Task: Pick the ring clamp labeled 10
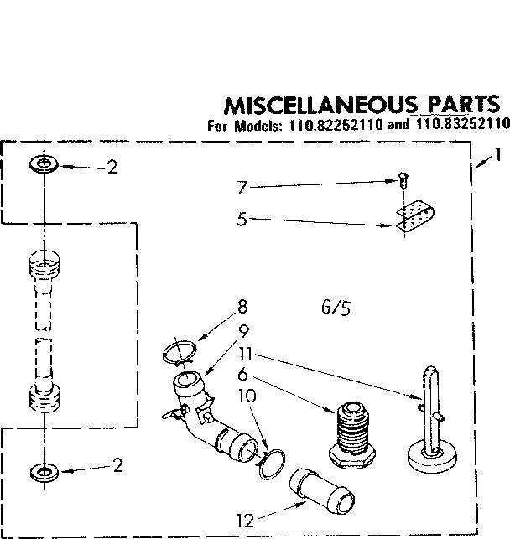coord(270,464)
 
